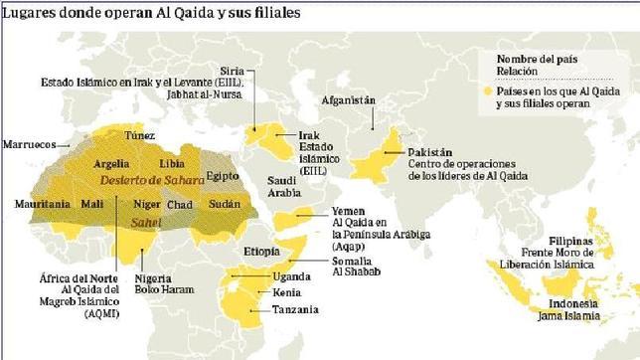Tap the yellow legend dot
tap(488, 90)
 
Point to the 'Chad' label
tap(181, 204)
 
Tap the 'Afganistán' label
tap(349, 101)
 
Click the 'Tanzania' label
tap(296, 310)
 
